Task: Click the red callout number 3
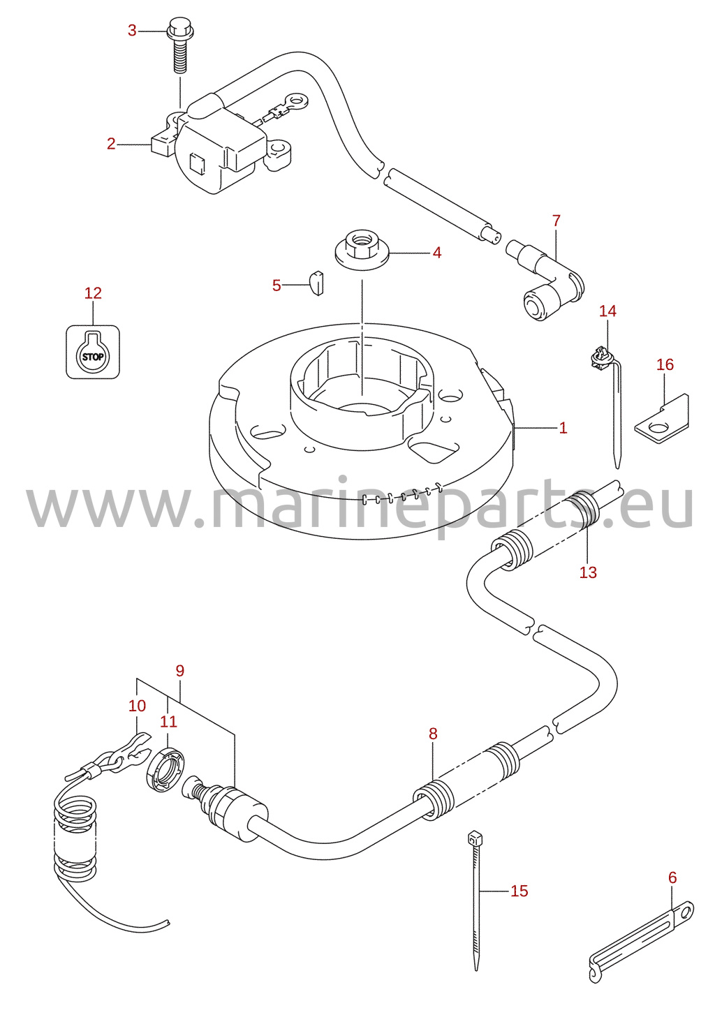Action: (132, 31)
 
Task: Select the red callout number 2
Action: (111, 144)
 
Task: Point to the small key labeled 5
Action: (317, 283)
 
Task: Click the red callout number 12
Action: (93, 293)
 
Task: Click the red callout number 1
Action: (563, 427)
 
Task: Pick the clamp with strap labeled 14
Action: (610, 403)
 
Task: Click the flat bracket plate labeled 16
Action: (663, 419)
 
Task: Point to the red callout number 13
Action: (588, 572)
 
